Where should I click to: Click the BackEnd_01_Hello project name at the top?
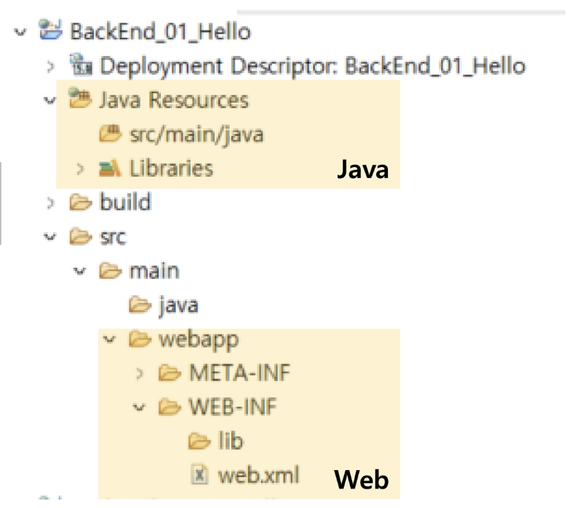pos(160,31)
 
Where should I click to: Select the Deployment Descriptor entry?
pos(312,66)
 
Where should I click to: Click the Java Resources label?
pos(173,100)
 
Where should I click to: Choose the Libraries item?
pos(171,168)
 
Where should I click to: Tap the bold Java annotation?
pos(362,170)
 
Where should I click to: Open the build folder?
pos(124,202)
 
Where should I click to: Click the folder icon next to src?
pos(79,237)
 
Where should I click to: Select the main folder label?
pos(154,270)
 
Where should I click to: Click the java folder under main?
pos(179,304)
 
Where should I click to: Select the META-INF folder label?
pos(240,373)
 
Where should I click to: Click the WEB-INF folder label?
pos(232,407)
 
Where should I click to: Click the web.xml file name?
pos(259,475)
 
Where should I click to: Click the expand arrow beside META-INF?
pos(140,373)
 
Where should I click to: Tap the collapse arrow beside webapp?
pos(109,339)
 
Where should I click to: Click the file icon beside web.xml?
pos(200,475)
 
